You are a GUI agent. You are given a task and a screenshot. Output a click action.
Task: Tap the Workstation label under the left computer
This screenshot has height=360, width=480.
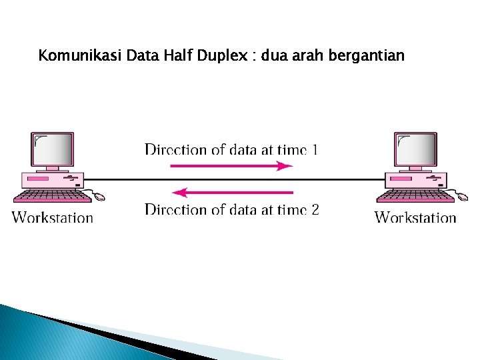tap(53, 217)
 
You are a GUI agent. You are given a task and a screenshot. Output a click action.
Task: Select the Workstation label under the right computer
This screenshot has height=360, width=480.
tap(415, 217)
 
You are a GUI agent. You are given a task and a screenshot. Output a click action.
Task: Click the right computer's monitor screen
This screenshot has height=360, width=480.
tap(416, 149)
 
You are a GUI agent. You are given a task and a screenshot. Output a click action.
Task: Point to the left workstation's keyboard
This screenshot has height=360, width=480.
tap(52, 195)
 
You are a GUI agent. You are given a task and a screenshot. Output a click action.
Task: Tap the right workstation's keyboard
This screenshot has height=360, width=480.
tap(415, 195)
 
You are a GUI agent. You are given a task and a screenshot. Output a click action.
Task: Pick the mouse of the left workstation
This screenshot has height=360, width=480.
tap(99, 197)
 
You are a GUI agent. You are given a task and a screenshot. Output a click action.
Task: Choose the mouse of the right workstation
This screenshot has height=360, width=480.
tap(461, 197)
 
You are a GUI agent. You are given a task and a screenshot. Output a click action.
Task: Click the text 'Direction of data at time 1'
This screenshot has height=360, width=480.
tap(231, 149)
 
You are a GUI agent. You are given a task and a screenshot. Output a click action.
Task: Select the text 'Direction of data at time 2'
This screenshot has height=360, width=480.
tap(231, 210)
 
